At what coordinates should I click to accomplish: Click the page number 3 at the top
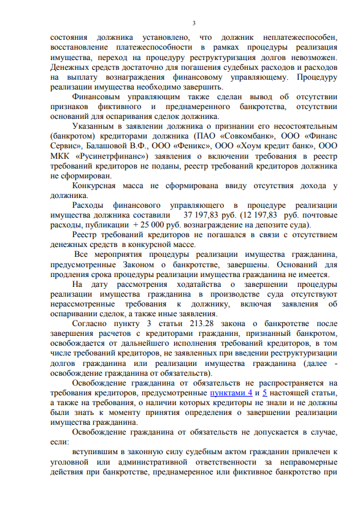pos(193,23)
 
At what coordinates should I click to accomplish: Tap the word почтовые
pos(320,215)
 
